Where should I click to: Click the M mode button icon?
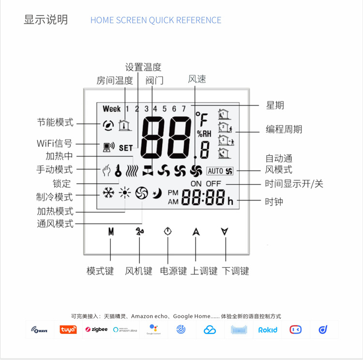(x=111, y=232)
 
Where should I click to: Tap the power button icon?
(x=167, y=231)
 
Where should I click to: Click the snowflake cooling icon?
(x=108, y=192)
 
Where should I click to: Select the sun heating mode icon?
(x=125, y=193)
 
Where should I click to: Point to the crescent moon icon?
(x=156, y=193)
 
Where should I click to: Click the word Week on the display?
(x=111, y=109)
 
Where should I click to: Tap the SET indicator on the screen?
(x=125, y=148)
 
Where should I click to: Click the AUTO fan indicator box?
(x=220, y=171)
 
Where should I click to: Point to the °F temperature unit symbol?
(x=201, y=119)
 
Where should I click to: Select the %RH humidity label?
(x=203, y=134)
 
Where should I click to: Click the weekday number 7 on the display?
(x=183, y=109)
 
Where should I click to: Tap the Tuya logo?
(x=68, y=329)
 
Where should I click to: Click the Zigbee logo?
(x=96, y=329)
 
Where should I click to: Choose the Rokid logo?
(x=268, y=329)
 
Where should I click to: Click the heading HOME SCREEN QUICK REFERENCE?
(x=156, y=20)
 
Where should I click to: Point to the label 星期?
(x=275, y=105)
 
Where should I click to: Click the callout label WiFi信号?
(x=55, y=143)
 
